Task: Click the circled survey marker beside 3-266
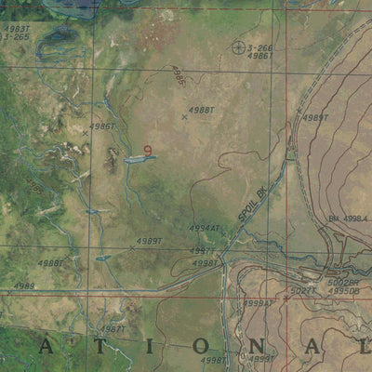(x=239, y=46)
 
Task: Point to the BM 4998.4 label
(x=349, y=219)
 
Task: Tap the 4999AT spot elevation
(x=259, y=302)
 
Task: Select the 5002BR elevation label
(x=342, y=281)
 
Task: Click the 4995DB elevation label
(x=342, y=291)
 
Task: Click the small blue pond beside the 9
(x=138, y=159)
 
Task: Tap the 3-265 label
(x=16, y=37)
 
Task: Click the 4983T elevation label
(x=16, y=29)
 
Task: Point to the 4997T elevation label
(x=202, y=251)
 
